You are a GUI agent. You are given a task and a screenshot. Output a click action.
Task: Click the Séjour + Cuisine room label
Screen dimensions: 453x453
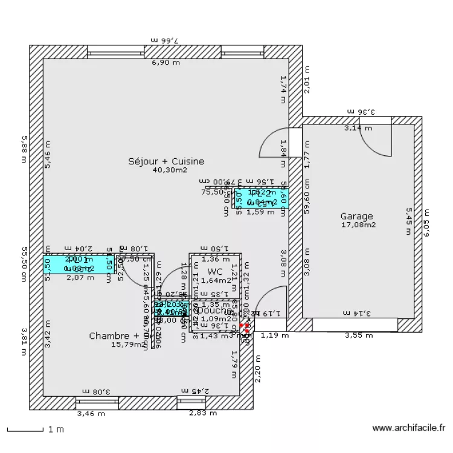coord(166,161)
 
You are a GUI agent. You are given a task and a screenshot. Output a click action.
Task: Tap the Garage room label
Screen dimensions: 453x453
coord(356,216)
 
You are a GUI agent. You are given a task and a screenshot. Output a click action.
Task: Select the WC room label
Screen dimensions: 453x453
coord(216,272)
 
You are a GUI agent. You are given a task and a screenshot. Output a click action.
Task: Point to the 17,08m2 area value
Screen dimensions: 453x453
coord(358,225)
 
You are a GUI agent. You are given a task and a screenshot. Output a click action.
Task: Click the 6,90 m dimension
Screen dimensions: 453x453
coord(165,62)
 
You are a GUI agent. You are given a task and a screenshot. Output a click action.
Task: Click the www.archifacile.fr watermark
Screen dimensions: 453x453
coord(409,428)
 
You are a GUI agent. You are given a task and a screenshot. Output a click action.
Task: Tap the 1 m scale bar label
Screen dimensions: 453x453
coord(56,429)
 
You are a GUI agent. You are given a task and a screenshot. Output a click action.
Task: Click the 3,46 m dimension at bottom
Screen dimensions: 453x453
coord(91,414)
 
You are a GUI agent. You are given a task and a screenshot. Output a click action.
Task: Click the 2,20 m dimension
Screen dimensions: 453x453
coord(257,368)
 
